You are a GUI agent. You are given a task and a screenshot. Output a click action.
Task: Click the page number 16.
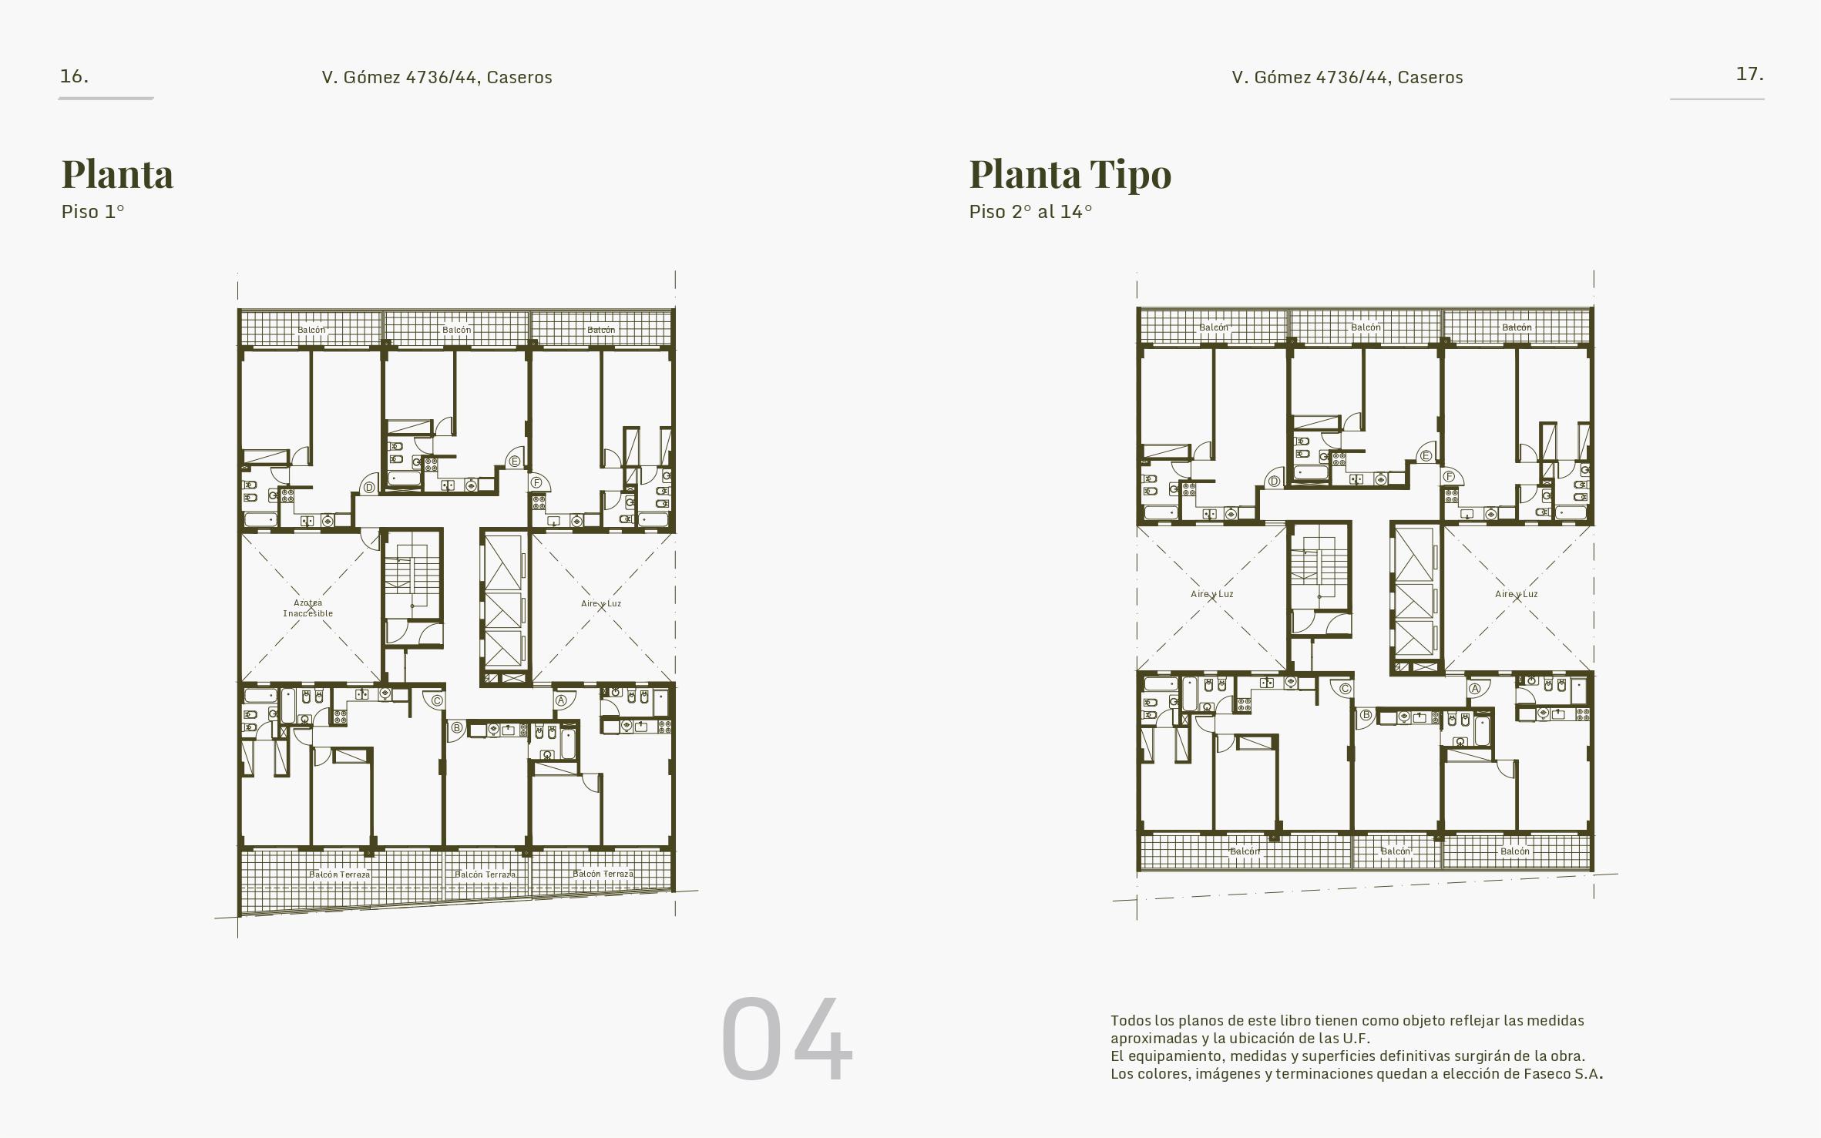coord(74,76)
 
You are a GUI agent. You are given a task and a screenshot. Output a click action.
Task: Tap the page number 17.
coord(1749,74)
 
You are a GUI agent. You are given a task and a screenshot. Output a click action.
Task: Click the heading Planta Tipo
coord(1070,173)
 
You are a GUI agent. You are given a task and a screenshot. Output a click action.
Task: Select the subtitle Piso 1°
coord(92,212)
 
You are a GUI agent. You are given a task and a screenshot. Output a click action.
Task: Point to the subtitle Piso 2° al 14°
coord(1030,212)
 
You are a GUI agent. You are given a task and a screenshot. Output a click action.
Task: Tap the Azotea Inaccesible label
coord(308,608)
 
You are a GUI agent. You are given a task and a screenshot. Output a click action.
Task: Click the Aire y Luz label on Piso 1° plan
coord(601,603)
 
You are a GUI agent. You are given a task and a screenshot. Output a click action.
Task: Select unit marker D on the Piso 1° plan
coord(369,488)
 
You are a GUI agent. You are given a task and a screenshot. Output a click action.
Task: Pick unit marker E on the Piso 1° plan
coord(514,462)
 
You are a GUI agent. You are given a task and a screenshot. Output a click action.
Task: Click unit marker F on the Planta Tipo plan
coord(1449,476)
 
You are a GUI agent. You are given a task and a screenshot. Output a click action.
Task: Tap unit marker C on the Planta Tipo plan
coord(1345,689)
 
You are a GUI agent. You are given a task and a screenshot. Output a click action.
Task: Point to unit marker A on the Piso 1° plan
coord(561,700)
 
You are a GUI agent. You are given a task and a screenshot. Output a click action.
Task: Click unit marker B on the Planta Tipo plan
coord(1366,715)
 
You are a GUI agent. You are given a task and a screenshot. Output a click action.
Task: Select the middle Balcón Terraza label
coord(485,874)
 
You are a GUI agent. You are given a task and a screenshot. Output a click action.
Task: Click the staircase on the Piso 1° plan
coord(412,574)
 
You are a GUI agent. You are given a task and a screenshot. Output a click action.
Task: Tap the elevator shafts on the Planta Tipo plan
coord(1416,597)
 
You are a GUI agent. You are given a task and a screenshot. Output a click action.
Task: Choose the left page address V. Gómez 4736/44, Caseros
coord(437,77)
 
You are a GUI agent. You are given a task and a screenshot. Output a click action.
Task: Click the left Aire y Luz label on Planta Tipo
coord(1212,594)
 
